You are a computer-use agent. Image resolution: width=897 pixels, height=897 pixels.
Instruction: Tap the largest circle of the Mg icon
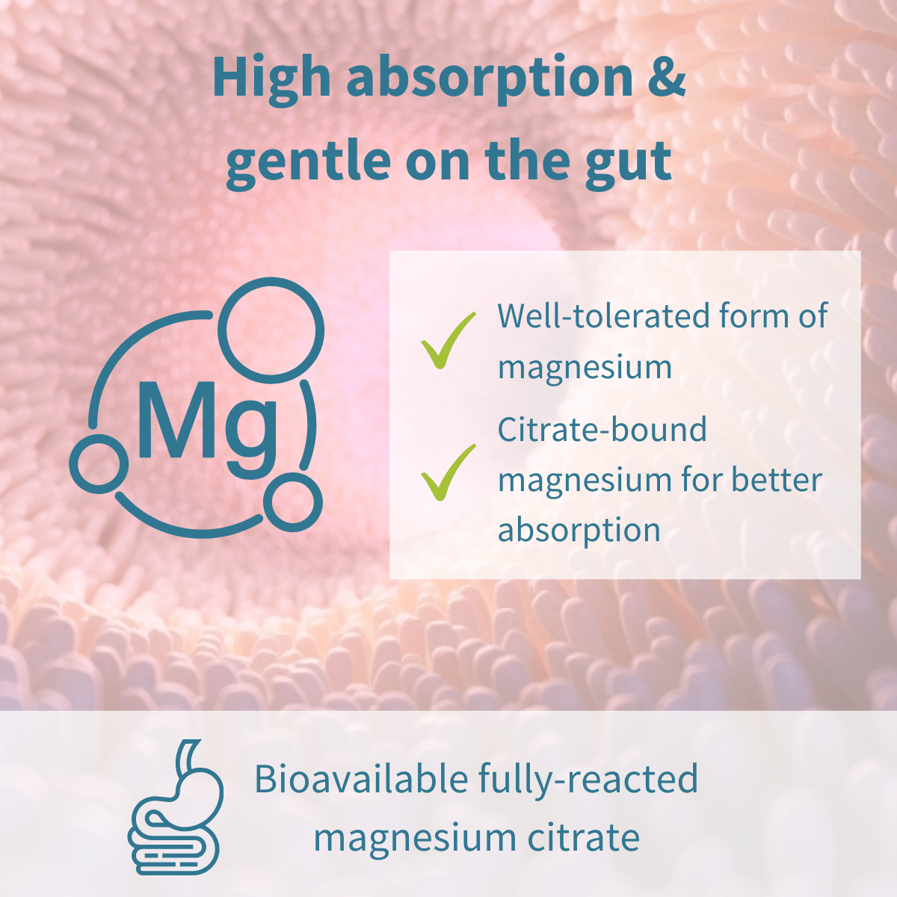(x=274, y=327)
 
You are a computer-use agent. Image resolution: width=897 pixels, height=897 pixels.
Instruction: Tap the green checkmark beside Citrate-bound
(x=448, y=472)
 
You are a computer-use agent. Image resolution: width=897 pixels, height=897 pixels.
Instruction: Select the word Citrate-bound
(x=602, y=431)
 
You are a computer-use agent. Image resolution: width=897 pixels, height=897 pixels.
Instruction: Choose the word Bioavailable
(x=360, y=779)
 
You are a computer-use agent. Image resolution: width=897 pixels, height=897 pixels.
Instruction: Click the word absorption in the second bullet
(x=579, y=531)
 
